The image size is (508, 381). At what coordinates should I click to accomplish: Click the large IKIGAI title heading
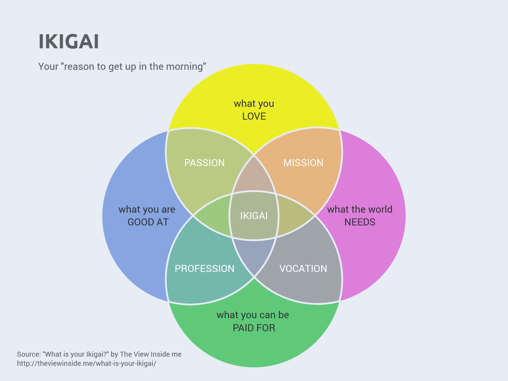(x=69, y=42)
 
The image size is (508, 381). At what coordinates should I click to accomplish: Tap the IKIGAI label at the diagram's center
(x=254, y=216)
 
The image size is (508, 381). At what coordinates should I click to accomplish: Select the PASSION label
(x=205, y=163)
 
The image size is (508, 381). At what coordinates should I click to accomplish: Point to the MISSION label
(x=303, y=163)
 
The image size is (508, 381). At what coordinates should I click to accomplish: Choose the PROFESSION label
(x=205, y=268)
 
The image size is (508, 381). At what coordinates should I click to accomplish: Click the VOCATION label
(x=303, y=268)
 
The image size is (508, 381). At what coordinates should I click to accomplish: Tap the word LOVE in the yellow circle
(x=254, y=116)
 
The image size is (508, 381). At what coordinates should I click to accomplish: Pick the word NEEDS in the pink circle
(x=360, y=222)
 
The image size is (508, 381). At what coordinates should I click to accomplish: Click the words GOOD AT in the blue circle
(x=148, y=222)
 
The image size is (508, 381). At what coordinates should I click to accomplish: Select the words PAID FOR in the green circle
(x=254, y=328)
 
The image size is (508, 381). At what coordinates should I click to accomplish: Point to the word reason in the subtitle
(x=79, y=67)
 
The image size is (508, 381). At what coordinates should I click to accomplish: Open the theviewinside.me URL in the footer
(x=86, y=363)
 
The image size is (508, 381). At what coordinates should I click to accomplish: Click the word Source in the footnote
(x=28, y=354)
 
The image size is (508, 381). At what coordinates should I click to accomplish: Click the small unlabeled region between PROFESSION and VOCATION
(x=254, y=256)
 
